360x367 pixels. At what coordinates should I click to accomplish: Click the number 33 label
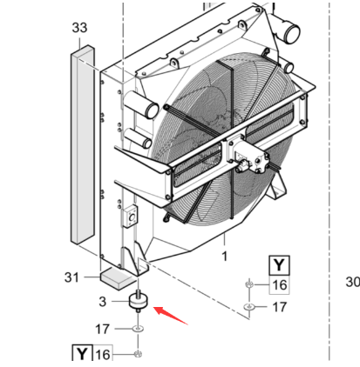(x=78, y=29)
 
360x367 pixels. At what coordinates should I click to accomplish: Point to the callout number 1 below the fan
(x=225, y=257)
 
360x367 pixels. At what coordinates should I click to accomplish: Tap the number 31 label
(x=73, y=277)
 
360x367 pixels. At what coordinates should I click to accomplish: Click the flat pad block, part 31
(x=112, y=278)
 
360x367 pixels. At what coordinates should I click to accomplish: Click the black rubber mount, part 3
(x=138, y=303)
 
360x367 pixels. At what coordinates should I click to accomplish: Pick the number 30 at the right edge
(x=352, y=281)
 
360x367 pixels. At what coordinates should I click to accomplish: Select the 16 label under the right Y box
(x=278, y=284)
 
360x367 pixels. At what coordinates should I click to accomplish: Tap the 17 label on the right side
(x=278, y=306)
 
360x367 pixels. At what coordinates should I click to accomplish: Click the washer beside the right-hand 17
(x=250, y=307)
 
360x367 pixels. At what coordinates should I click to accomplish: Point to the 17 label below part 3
(x=102, y=328)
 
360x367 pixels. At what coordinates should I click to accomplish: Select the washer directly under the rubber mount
(x=138, y=329)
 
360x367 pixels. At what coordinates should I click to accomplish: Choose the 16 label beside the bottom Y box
(x=102, y=354)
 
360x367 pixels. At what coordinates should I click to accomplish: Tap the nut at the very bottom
(x=138, y=354)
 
